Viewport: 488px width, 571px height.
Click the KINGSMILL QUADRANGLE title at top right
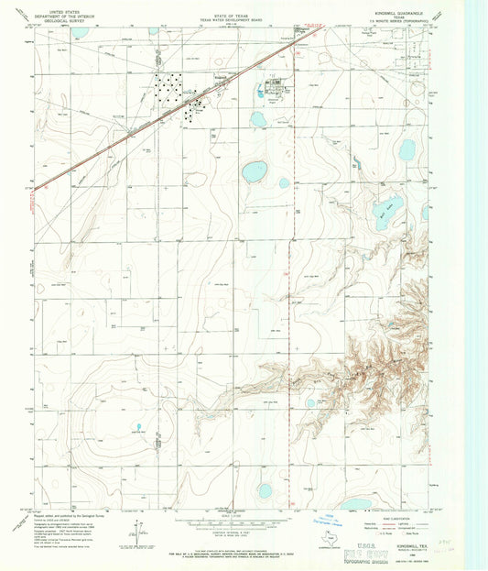point(400,11)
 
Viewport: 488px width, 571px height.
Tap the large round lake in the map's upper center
point(255,170)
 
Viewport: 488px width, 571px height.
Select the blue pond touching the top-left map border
point(80,34)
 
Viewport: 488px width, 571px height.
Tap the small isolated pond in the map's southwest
point(139,427)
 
